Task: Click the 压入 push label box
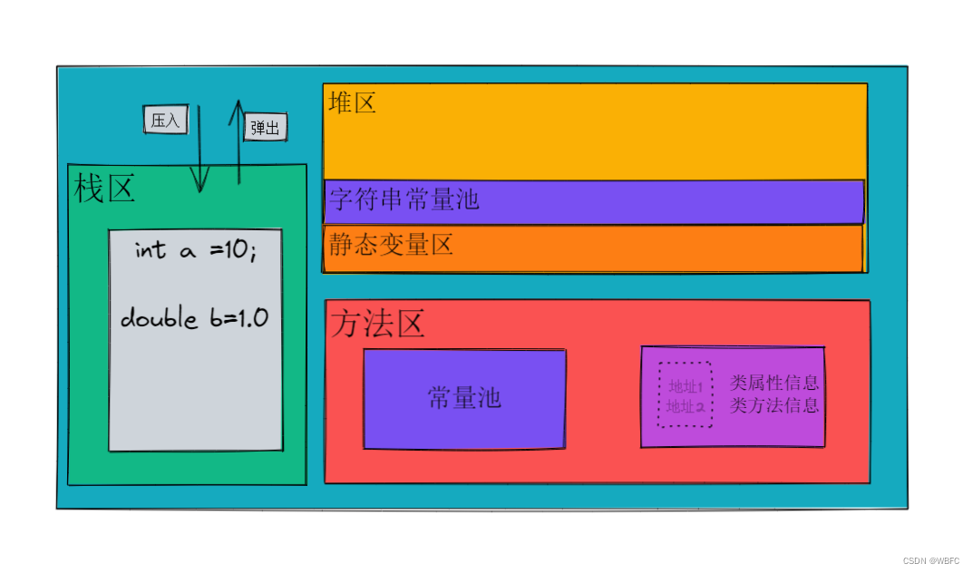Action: [166, 120]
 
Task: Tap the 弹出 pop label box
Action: [265, 127]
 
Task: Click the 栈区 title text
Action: [104, 189]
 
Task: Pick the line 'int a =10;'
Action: [195, 251]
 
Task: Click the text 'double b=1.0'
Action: [194, 318]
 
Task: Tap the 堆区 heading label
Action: [352, 102]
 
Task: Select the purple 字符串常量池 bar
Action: [635, 201]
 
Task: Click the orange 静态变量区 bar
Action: [635, 248]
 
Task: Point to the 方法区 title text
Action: [377, 324]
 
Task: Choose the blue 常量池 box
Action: [464, 398]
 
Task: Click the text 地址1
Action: [686, 388]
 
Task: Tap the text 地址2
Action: [686, 407]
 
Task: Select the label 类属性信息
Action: [774, 383]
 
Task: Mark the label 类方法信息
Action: [774, 405]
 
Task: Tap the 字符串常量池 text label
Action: [404, 200]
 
